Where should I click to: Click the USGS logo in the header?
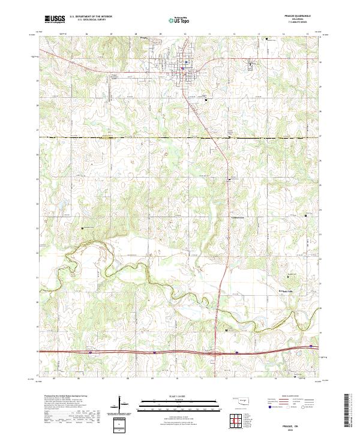55,19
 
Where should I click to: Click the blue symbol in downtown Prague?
187,62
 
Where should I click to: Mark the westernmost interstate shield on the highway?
90,353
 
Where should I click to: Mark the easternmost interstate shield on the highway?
237,353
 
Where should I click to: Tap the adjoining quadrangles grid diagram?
232,420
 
